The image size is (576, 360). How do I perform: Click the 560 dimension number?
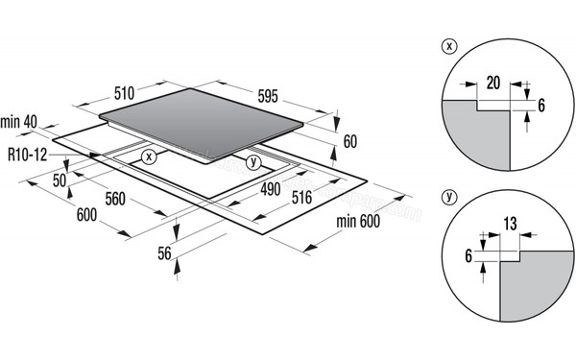pyautogui.click(x=117, y=200)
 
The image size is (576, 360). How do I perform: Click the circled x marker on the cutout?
pyautogui.click(x=148, y=156)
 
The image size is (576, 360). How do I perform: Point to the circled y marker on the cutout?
pyautogui.click(x=252, y=161)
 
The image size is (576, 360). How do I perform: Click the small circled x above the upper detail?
pyautogui.click(x=447, y=45)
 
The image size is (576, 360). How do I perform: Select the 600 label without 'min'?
pyautogui.click(x=84, y=218)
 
